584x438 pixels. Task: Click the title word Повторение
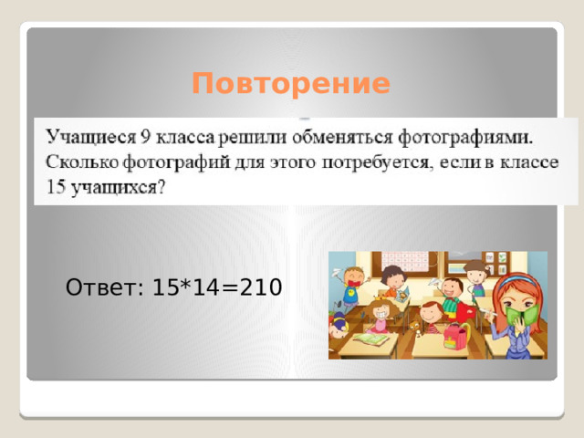[x=291, y=85]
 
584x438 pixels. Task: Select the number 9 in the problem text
[x=146, y=138]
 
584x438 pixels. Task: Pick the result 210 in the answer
[x=262, y=288]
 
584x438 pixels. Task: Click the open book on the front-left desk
[x=370, y=339]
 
